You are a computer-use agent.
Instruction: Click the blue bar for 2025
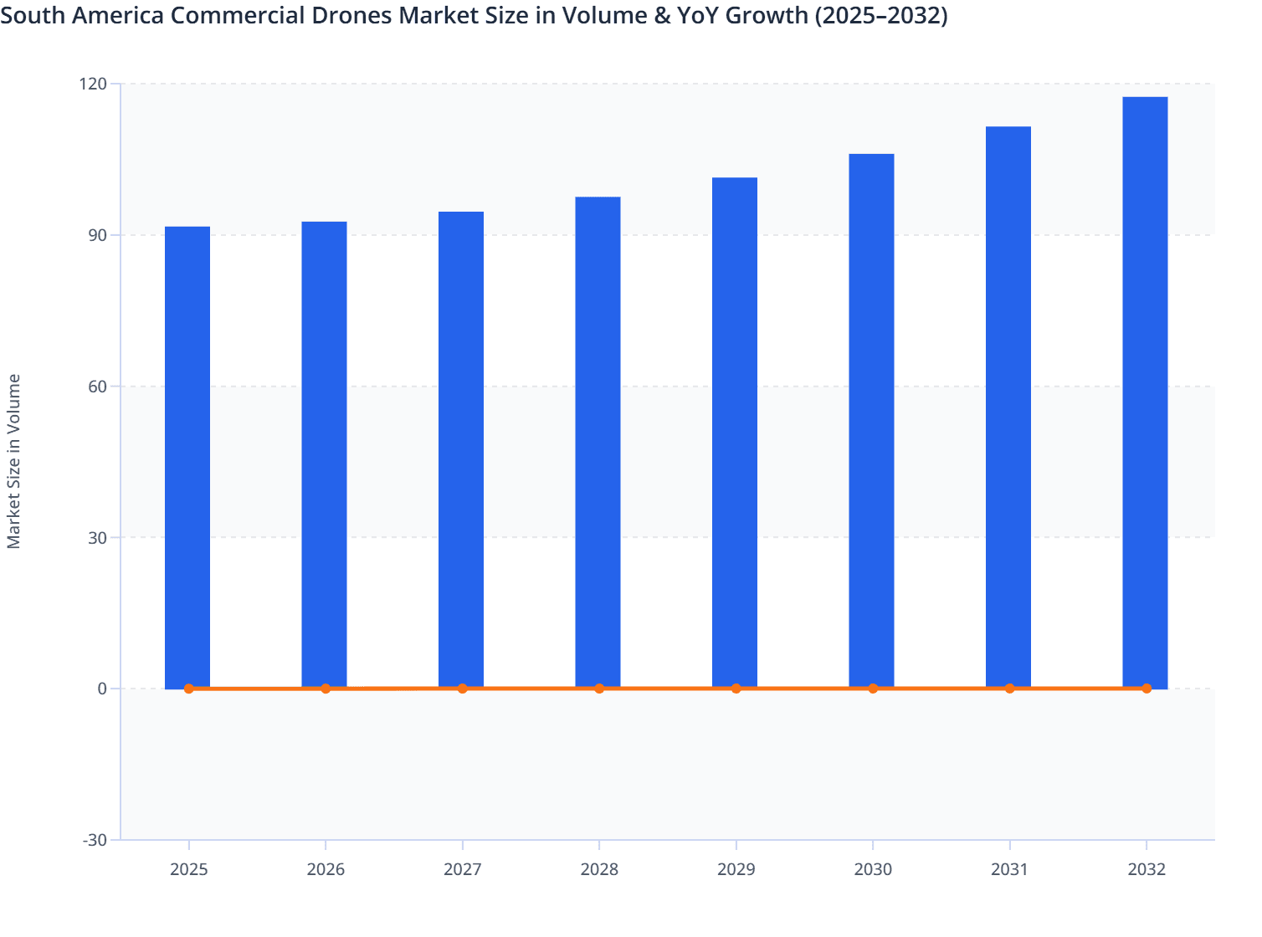(187, 457)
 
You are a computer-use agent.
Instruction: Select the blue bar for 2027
(461, 449)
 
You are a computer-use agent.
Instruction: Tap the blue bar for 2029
(735, 433)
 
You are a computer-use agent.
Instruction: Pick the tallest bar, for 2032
(1145, 392)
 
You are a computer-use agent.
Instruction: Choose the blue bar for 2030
(871, 421)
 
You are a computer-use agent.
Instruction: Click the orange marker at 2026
(326, 689)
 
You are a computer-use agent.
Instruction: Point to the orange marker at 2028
(599, 689)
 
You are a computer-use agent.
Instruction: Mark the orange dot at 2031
(1009, 689)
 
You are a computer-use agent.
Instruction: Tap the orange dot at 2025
(189, 689)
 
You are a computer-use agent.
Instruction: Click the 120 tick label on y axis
(94, 84)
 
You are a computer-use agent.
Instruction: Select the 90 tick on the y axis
(98, 235)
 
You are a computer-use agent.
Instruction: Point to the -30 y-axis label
(95, 840)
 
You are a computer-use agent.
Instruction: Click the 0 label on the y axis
(102, 689)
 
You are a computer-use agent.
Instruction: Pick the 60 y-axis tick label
(98, 387)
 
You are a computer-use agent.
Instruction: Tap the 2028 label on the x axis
(599, 869)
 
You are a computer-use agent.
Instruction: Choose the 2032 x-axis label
(1147, 869)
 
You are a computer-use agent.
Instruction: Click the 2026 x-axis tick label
(326, 869)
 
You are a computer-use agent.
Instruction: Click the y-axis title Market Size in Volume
(14, 461)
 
